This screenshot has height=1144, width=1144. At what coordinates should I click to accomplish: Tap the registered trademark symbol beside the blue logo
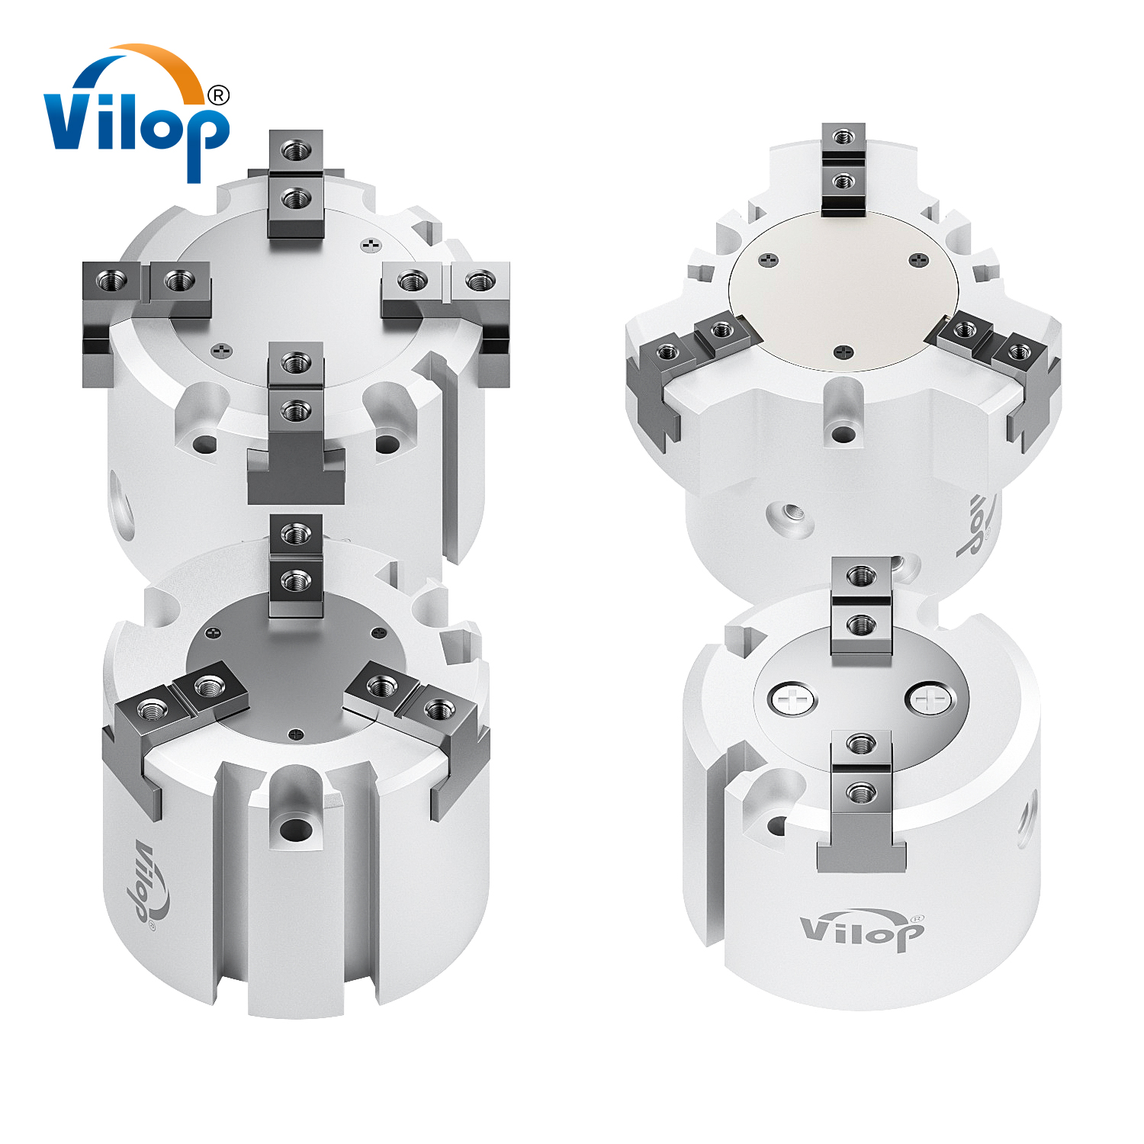pyautogui.click(x=218, y=95)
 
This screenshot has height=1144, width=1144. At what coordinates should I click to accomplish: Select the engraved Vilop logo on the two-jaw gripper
pyautogui.click(x=862, y=929)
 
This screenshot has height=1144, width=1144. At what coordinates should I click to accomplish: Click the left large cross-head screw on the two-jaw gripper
pyautogui.click(x=792, y=699)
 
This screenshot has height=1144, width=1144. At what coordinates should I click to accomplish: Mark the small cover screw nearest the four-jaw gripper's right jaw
pyautogui.click(x=371, y=246)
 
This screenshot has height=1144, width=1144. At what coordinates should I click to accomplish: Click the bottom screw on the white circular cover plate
pyautogui.click(x=843, y=352)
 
